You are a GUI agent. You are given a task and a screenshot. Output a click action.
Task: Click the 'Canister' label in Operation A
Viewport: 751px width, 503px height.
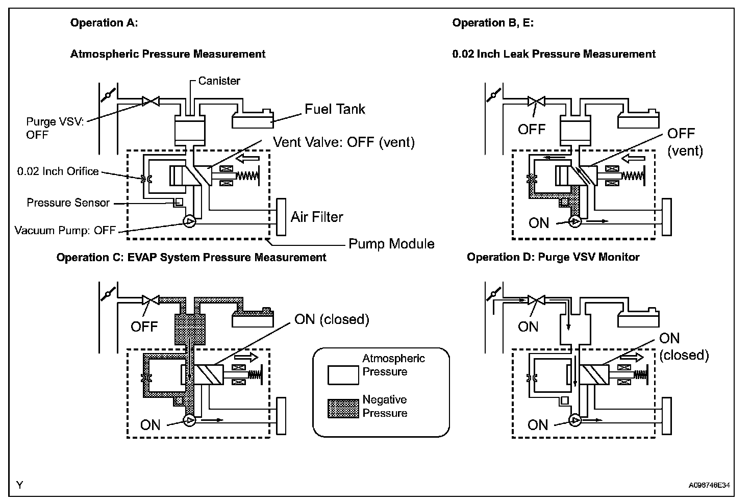tap(219, 81)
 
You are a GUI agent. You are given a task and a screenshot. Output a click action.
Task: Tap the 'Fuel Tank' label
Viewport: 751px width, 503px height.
tap(335, 109)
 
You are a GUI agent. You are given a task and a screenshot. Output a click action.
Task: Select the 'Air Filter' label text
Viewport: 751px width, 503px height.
tap(317, 217)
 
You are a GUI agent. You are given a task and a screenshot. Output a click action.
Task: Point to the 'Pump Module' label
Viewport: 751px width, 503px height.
tap(391, 244)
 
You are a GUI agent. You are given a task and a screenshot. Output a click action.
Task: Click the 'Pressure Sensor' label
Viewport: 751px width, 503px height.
tap(68, 203)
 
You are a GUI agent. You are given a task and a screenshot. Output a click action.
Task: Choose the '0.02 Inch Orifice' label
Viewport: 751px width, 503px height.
tap(58, 171)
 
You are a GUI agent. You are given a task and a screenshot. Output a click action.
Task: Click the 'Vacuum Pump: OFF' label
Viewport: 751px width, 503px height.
tap(65, 231)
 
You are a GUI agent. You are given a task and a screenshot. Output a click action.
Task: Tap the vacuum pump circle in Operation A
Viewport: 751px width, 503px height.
tap(189, 221)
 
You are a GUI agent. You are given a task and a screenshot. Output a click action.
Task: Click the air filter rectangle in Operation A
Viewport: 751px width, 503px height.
tap(281, 217)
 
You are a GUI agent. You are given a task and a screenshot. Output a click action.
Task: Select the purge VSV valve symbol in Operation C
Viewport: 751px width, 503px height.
tap(151, 300)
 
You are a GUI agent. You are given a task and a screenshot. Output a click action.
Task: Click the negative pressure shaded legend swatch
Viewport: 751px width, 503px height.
tap(343, 408)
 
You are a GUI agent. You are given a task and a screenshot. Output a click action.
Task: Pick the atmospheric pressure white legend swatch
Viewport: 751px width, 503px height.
tap(343, 375)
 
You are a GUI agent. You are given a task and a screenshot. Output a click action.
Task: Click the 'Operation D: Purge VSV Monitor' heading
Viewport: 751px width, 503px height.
tap(553, 257)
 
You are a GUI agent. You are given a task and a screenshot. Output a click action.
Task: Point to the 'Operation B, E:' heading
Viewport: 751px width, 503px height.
tap(493, 23)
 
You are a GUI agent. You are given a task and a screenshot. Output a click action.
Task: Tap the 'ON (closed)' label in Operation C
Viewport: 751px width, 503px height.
tap(332, 319)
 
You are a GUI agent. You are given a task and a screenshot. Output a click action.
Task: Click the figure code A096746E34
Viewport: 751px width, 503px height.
tap(709, 485)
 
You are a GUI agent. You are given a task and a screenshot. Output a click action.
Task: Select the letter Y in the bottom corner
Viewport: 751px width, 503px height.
tap(20, 485)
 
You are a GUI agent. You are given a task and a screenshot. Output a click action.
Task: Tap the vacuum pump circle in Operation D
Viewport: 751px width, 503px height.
tap(575, 420)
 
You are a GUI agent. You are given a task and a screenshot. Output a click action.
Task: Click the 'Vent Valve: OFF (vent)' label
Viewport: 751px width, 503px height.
tap(344, 142)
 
